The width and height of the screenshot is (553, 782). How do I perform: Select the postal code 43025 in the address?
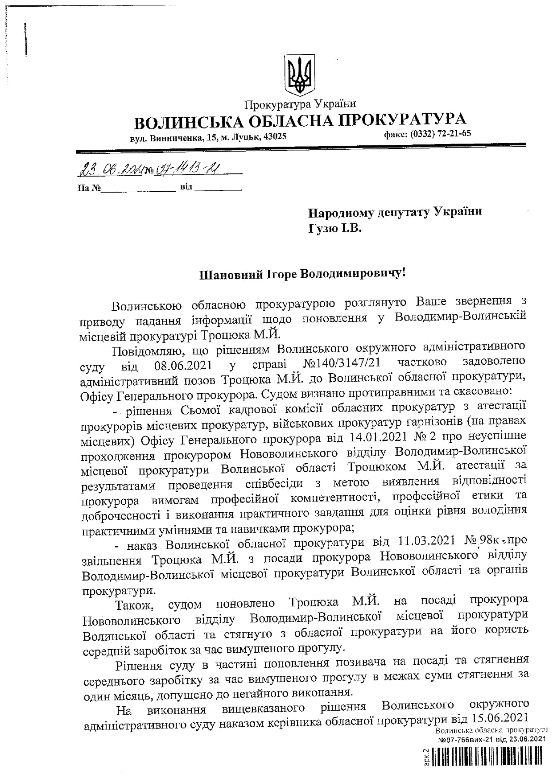tap(275, 137)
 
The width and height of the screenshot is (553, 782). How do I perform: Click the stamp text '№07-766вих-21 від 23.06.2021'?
tap(492, 739)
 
